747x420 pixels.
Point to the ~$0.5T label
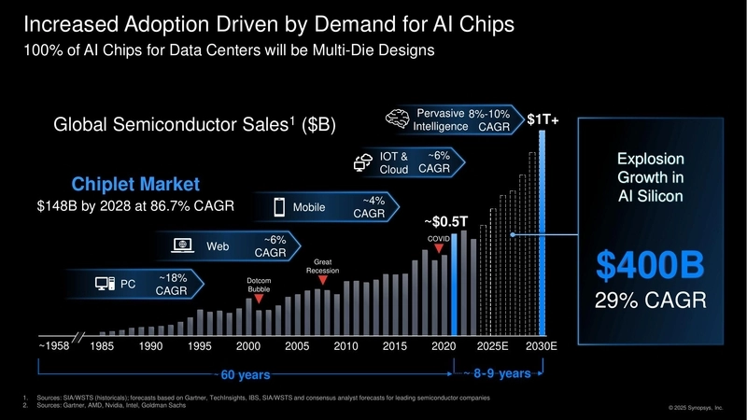tap(445, 222)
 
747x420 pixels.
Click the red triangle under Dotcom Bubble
tap(259, 300)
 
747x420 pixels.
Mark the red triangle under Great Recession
tap(322, 279)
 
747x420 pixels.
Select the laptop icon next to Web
tap(184, 245)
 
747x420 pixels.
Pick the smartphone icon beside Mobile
tap(279, 206)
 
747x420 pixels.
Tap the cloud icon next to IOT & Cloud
tap(363, 162)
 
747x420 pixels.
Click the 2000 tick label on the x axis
tap(247, 345)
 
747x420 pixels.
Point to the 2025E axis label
tap(492, 345)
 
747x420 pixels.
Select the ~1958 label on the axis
tap(54, 345)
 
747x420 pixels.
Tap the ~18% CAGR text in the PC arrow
tap(171, 285)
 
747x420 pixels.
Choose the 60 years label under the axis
tap(245, 375)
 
